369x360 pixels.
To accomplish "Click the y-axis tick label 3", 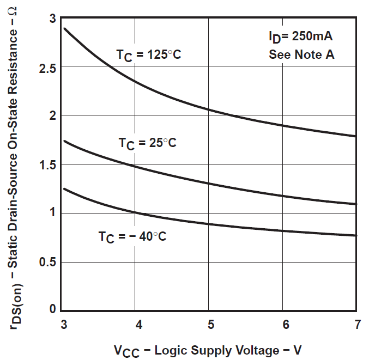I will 52,19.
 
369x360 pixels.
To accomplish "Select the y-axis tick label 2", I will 52,116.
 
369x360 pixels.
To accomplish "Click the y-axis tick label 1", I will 52,213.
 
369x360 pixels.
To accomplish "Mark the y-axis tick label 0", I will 52,309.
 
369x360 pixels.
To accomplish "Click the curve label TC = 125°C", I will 148,56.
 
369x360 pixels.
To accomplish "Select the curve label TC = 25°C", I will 148,144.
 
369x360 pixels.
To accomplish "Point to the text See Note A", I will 301,55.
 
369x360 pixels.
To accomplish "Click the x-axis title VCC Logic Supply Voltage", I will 207,349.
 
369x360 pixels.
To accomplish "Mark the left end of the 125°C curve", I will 65,28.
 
